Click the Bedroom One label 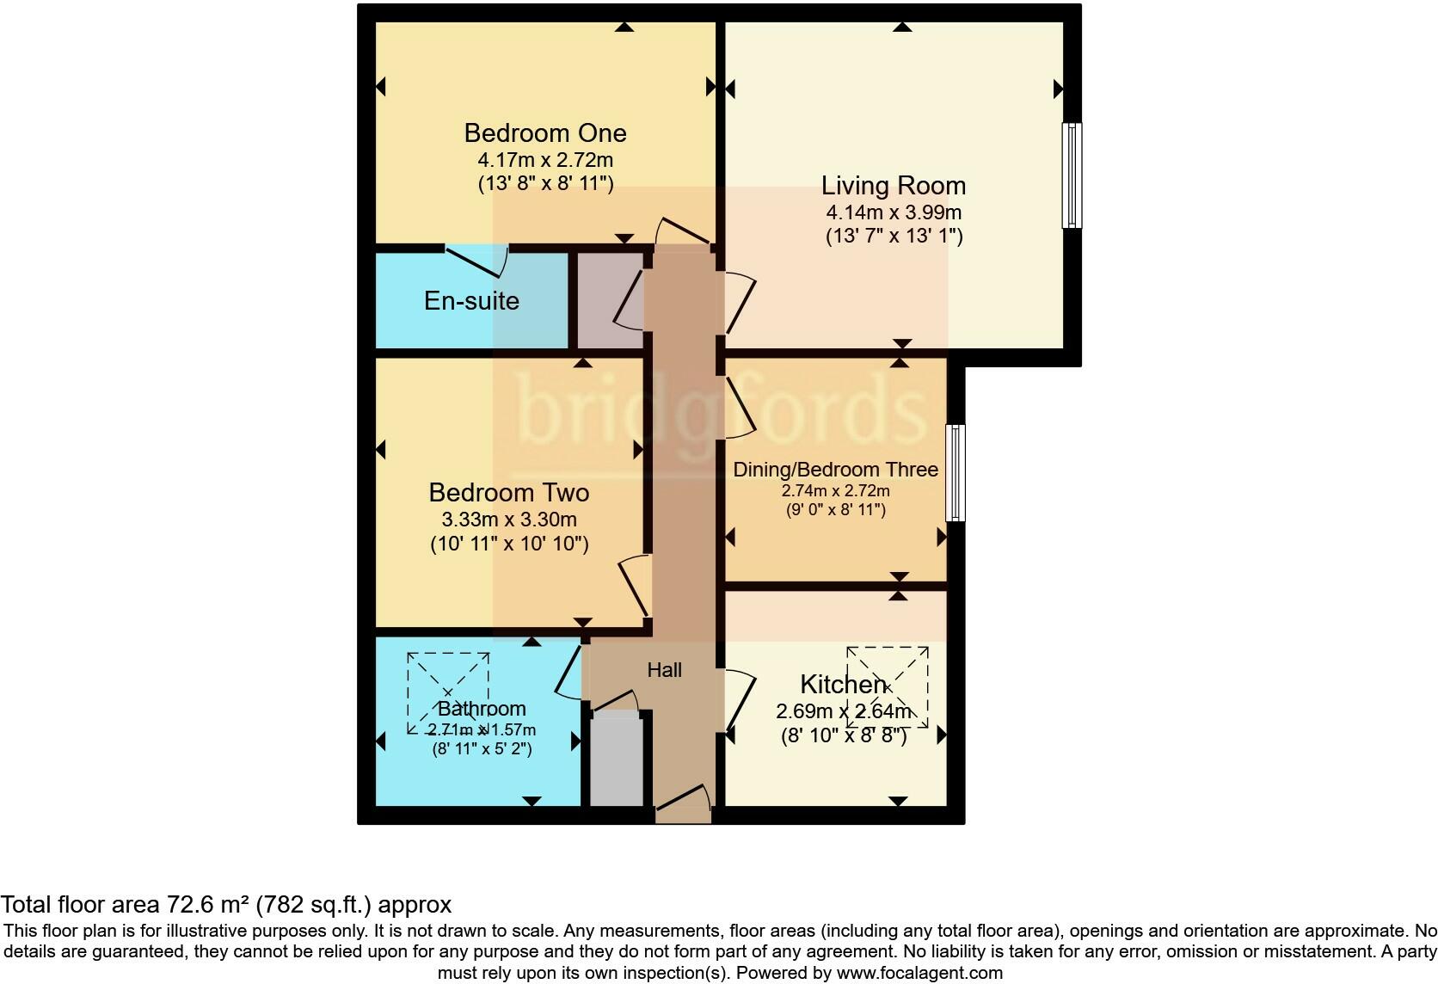click(x=544, y=133)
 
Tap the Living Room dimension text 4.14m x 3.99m click(x=894, y=212)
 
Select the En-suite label click(x=471, y=301)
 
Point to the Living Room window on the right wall click(x=1072, y=175)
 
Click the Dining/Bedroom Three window click(x=955, y=472)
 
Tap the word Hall click(x=665, y=670)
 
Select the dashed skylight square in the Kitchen click(x=888, y=686)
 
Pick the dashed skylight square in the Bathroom click(x=448, y=692)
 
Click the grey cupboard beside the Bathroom click(x=616, y=759)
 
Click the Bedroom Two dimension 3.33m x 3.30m click(x=509, y=520)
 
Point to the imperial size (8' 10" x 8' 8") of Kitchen click(x=844, y=736)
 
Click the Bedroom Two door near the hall click(x=635, y=585)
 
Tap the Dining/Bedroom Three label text click(x=835, y=470)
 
